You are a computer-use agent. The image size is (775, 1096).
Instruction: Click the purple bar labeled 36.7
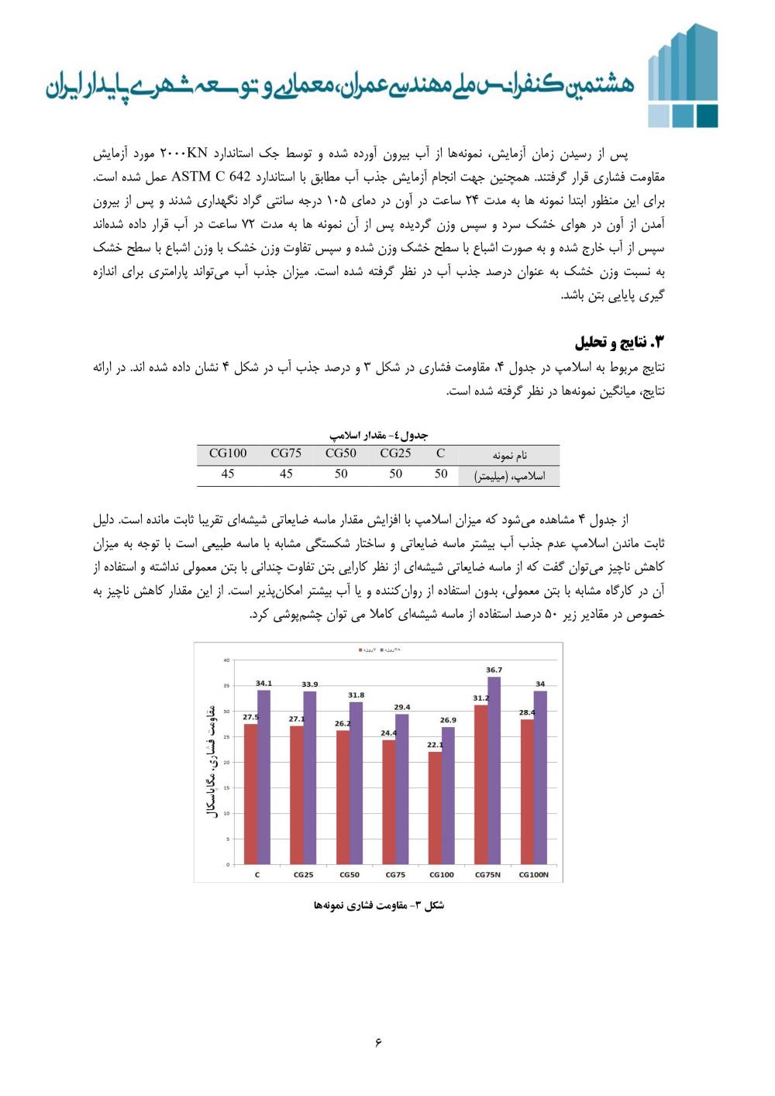(494, 770)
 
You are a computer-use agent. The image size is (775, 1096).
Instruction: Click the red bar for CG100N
(527, 791)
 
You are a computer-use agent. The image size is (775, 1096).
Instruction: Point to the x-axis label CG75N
(487, 874)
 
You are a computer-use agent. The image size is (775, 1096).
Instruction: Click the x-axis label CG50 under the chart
(350, 874)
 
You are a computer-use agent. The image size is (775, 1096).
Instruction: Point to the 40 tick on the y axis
(226, 660)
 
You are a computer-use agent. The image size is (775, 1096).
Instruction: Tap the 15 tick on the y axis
(226, 788)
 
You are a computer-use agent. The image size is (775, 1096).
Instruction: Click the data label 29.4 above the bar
(402, 707)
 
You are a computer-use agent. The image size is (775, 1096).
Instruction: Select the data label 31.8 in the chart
(356, 695)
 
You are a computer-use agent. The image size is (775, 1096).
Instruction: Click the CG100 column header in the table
(228, 453)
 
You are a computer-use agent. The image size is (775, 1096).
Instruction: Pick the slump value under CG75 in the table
(286, 474)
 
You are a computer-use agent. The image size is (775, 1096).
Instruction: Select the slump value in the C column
(441, 474)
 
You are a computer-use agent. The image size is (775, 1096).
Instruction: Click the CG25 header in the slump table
(395, 453)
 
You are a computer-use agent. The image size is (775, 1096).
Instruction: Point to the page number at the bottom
(378, 1042)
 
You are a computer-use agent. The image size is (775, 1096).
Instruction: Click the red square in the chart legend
(360, 650)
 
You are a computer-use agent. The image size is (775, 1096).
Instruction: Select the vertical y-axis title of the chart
(209, 762)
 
